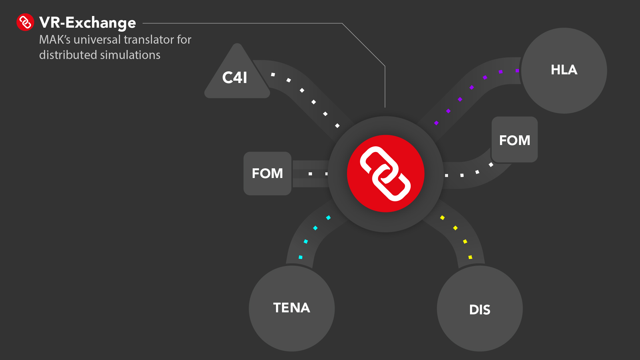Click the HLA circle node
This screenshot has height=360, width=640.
click(564, 71)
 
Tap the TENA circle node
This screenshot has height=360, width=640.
click(292, 308)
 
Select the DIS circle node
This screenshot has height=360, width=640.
click(480, 309)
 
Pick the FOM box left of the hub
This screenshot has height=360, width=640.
click(267, 173)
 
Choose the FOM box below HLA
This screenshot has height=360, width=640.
click(514, 140)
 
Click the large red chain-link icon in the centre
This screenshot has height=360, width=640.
click(385, 174)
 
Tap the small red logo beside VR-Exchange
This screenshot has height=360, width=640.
click(25, 22)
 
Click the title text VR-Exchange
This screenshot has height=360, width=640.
click(87, 23)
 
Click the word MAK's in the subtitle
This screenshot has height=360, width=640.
click(55, 40)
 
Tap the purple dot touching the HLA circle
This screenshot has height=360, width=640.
click(517, 71)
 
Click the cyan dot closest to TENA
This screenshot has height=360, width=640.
click(300, 257)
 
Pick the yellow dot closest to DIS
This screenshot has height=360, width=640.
click(470, 257)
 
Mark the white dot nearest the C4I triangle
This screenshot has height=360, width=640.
click(273, 75)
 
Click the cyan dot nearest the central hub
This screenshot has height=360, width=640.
click(328, 218)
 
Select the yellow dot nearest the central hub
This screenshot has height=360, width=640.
click(442, 218)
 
